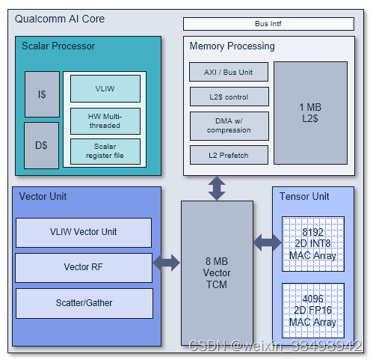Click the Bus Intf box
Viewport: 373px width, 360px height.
click(x=268, y=24)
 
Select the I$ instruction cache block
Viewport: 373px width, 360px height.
click(x=41, y=95)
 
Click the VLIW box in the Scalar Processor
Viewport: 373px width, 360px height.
click(x=105, y=88)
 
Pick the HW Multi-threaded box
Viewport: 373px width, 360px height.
click(x=105, y=120)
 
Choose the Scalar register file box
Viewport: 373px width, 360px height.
click(x=105, y=150)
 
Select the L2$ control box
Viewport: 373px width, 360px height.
click(x=229, y=97)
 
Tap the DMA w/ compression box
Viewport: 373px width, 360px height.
click(x=229, y=124)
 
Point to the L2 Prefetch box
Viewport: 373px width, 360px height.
click(x=229, y=155)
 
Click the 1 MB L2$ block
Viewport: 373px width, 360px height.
click(x=310, y=113)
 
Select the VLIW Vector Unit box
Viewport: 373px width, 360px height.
click(x=83, y=232)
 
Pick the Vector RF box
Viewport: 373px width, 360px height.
click(x=83, y=267)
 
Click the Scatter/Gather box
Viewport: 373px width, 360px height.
click(x=83, y=302)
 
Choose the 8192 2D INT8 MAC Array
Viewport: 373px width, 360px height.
click(x=312, y=244)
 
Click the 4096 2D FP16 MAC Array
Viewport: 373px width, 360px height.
click(x=312, y=310)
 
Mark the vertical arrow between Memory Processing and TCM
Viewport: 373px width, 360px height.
click(x=217, y=189)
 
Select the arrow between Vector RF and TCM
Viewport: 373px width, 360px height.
click(x=167, y=263)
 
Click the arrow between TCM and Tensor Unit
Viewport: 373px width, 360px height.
click(x=266, y=242)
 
